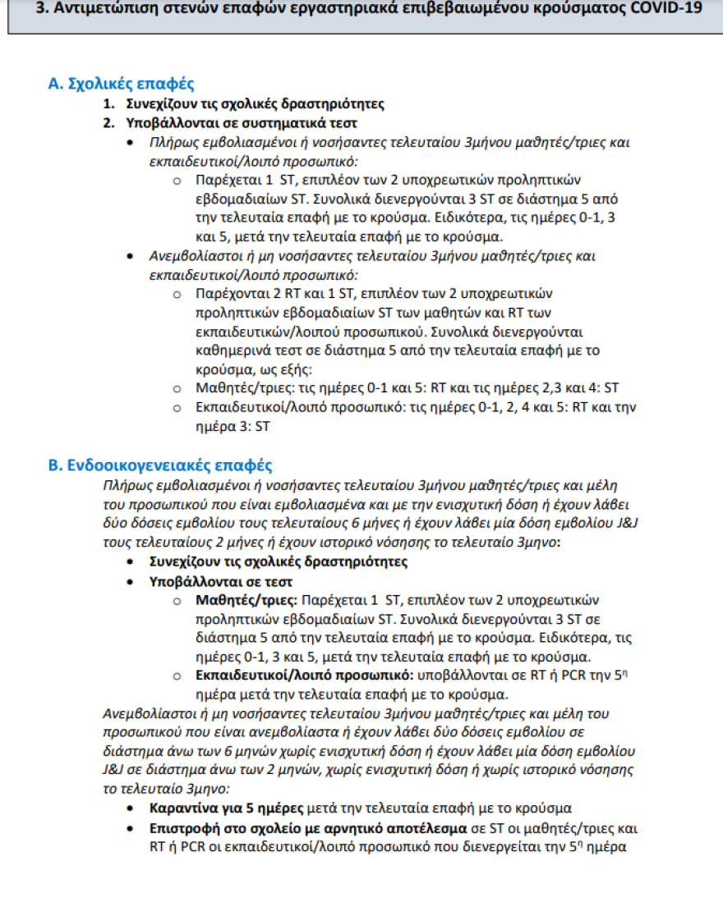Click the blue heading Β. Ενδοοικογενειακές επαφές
160,465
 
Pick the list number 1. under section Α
108,104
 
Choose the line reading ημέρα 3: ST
233,426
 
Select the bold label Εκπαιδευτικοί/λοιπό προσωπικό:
305,676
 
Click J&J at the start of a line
113,772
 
